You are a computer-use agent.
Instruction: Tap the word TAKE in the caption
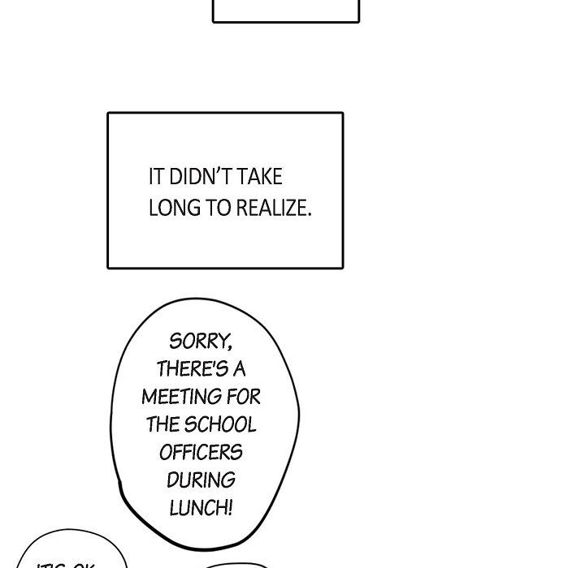click(261, 177)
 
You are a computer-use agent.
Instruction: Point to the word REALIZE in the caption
click(271, 208)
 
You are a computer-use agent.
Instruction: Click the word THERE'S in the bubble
click(192, 369)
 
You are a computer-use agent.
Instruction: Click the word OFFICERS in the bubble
click(201, 452)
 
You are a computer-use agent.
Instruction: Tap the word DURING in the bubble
click(201, 480)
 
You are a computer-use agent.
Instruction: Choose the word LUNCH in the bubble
click(197, 508)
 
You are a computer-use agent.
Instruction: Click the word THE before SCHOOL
click(162, 424)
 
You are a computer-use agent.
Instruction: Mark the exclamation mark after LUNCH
click(230, 508)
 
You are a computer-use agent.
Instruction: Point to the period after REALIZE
click(309, 213)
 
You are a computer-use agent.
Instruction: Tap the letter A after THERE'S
click(239, 369)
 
